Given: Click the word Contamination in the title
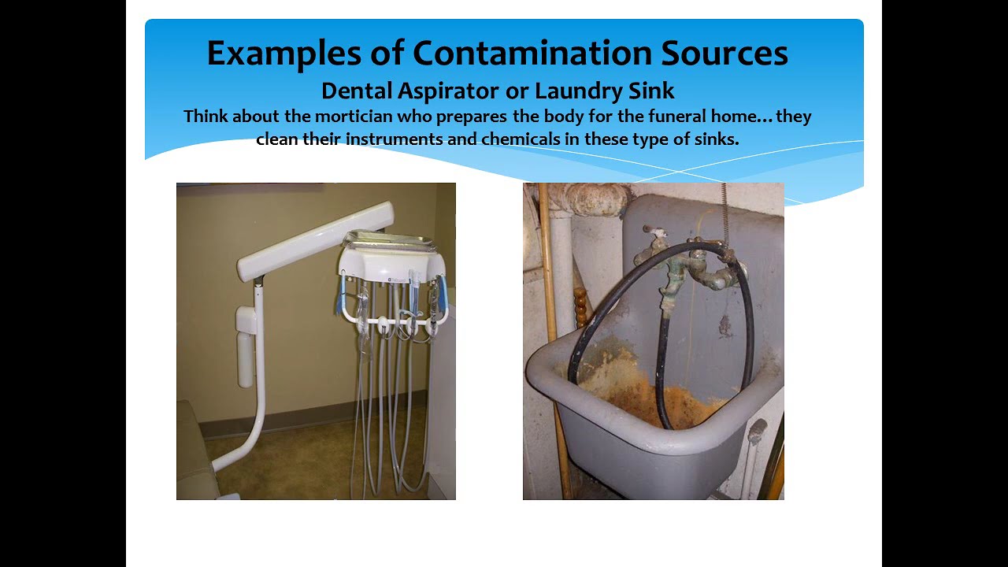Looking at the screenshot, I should [532, 54].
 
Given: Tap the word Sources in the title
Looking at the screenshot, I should [724, 54].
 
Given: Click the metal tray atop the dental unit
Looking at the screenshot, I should [390, 240].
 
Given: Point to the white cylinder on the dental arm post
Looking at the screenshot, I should [246, 346].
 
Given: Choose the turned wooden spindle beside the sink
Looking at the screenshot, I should [581, 307].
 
